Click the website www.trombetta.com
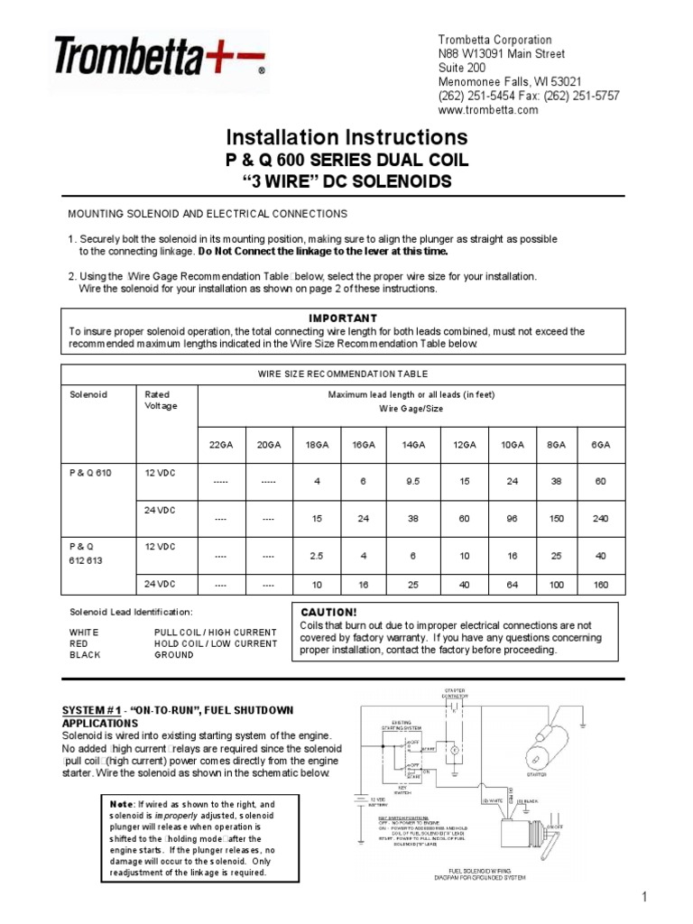[487, 110]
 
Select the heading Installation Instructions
[346, 138]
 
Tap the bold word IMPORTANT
[343, 319]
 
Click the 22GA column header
[220, 446]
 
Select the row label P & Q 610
[91, 472]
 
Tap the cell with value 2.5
[317, 557]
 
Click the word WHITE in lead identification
[87, 633]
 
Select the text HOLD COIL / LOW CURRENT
[216, 643]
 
